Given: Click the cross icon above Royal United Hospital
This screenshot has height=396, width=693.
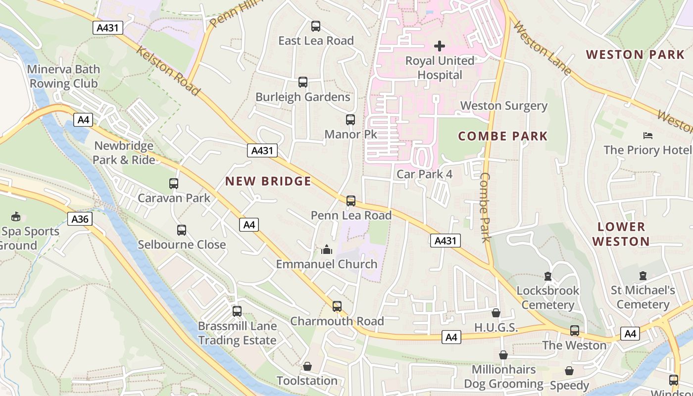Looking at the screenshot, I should click(x=439, y=46).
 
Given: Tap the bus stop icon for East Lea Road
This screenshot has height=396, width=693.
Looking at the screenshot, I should click(x=315, y=26).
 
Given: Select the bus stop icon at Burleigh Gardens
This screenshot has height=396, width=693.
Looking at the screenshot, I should click(x=303, y=82).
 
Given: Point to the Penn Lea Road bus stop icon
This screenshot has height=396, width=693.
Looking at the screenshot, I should click(x=350, y=200).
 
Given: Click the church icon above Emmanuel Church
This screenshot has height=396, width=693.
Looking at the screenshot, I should click(x=326, y=249).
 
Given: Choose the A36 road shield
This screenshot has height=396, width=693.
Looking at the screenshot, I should click(x=80, y=219).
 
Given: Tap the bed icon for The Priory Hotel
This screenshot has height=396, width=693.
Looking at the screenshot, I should click(x=647, y=135).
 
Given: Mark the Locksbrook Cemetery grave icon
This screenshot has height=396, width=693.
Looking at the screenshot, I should click(x=547, y=276).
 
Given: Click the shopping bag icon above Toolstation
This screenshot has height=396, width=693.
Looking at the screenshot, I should click(x=307, y=366).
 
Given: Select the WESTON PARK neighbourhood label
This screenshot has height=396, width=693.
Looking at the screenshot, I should click(x=636, y=54).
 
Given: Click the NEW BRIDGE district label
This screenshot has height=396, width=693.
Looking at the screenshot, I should click(x=268, y=181).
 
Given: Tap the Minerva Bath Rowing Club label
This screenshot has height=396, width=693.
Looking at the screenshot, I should click(x=64, y=76).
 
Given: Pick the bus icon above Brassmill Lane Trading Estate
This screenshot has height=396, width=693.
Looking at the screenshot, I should click(x=237, y=311).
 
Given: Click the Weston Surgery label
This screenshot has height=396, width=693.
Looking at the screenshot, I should click(x=504, y=106).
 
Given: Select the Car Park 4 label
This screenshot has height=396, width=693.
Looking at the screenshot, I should click(x=424, y=174).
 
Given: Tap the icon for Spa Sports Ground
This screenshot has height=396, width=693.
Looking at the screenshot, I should click(x=16, y=216).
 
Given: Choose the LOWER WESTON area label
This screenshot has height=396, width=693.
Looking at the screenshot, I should click(x=621, y=234).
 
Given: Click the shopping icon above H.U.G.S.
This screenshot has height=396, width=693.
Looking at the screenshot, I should click(x=495, y=313).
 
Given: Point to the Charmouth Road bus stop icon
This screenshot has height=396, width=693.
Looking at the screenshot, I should click(x=337, y=306).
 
